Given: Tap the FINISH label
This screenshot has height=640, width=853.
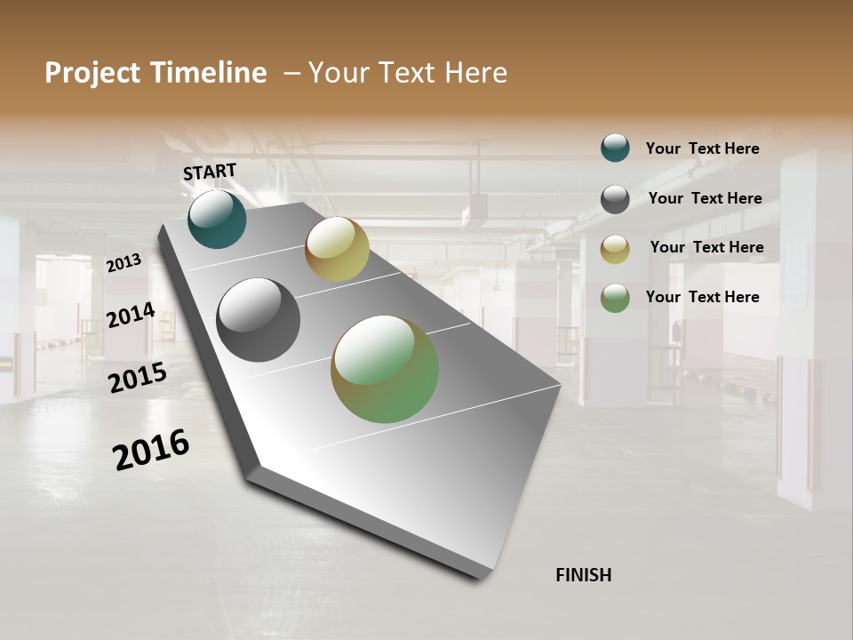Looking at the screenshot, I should (583, 575).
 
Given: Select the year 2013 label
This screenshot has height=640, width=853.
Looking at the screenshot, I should (124, 262).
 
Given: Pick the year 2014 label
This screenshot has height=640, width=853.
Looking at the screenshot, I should (131, 315).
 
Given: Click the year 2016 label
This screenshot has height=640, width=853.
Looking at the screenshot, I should (151, 450).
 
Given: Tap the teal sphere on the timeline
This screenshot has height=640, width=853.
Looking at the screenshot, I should (217, 219).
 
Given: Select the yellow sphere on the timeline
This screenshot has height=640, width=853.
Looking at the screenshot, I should (337, 249).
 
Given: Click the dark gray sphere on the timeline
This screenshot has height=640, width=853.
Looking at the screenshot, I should (259, 320).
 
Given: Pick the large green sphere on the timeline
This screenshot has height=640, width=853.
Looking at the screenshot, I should (385, 369).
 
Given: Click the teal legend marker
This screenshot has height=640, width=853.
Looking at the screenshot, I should (615, 148).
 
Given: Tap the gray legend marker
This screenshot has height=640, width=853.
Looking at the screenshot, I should (615, 199).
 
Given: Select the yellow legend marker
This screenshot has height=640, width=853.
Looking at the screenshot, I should (615, 249).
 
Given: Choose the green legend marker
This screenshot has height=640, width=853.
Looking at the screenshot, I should (615, 298).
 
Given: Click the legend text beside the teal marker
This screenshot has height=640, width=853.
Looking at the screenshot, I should (702, 148).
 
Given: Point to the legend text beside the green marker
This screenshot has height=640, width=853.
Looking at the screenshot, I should (702, 297).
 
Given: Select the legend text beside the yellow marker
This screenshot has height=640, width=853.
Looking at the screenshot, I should (706, 247).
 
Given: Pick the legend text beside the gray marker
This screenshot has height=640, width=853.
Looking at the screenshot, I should (705, 198).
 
